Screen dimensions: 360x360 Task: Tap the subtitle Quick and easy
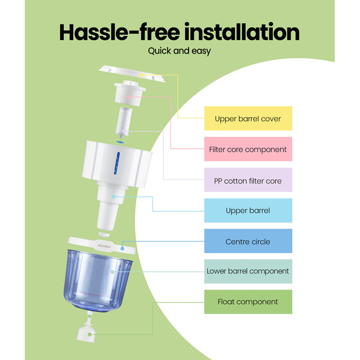click(179, 51)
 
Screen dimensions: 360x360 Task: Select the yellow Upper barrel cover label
click(248, 119)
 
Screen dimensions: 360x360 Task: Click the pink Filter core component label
click(248, 149)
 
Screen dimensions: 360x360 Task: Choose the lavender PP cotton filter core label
click(248, 180)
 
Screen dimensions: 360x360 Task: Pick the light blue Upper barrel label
click(248, 211)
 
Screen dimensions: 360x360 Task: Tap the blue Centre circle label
click(248, 241)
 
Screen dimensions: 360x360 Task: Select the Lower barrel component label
click(248, 271)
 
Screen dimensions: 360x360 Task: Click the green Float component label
click(248, 302)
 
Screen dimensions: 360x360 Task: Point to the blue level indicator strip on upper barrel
click(118, 163)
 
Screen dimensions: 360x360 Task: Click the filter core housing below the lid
click(130, 94)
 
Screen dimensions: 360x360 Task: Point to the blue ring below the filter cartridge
click(121, 142)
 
